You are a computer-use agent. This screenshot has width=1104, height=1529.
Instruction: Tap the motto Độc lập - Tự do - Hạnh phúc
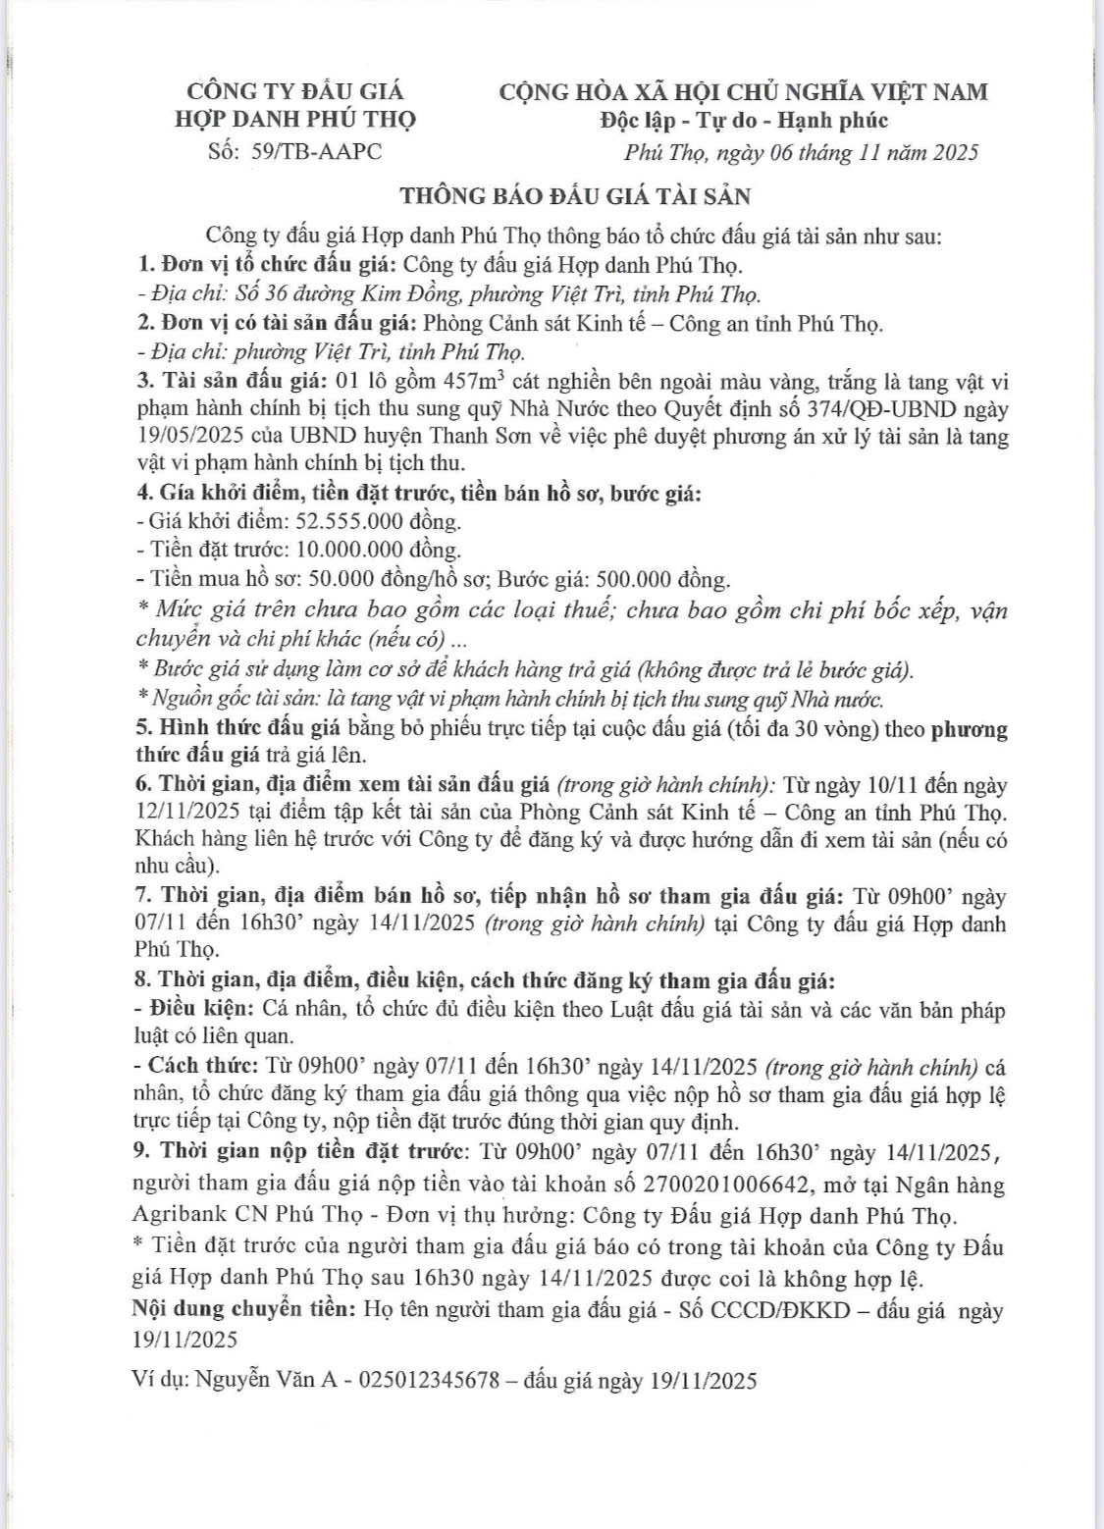[x=743, y=120]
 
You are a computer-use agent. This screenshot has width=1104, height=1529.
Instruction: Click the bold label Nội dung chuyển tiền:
[x=243, y=1308]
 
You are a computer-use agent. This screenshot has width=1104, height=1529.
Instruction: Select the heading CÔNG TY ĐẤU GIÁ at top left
[x=296, y=91]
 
